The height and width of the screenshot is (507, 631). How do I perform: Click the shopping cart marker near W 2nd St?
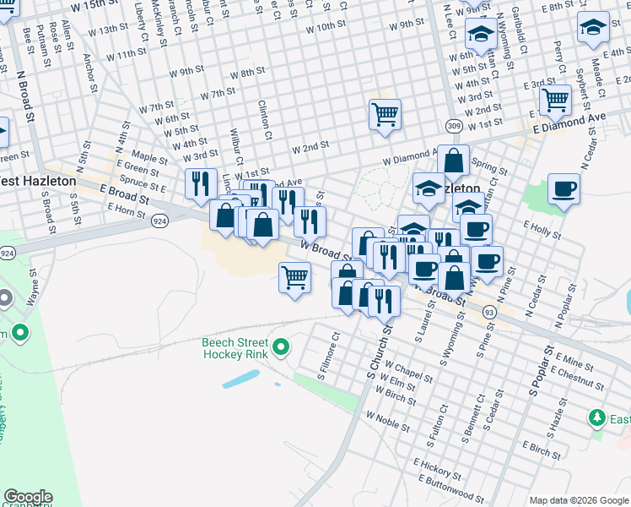(x=385, y=113)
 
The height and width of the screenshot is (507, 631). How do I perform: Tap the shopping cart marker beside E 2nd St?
(x=555, y=100)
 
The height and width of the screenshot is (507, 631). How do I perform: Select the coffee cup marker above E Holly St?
(x=563, y=188)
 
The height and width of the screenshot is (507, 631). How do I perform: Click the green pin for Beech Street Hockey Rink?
(x=283, y=346)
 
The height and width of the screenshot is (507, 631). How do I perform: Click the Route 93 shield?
(x=489, y=313)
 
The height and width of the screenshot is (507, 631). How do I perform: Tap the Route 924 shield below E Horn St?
(x=158, y=222)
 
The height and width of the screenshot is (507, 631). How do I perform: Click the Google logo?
(x=28, y=497)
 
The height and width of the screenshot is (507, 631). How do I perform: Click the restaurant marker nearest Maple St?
(x=200, y=183)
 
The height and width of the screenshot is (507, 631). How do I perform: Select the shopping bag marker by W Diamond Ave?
(x=453, y=161)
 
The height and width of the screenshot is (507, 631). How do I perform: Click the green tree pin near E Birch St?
(x=597, y=418)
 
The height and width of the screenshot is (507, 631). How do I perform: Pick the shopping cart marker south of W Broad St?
(x=294, y=276)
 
